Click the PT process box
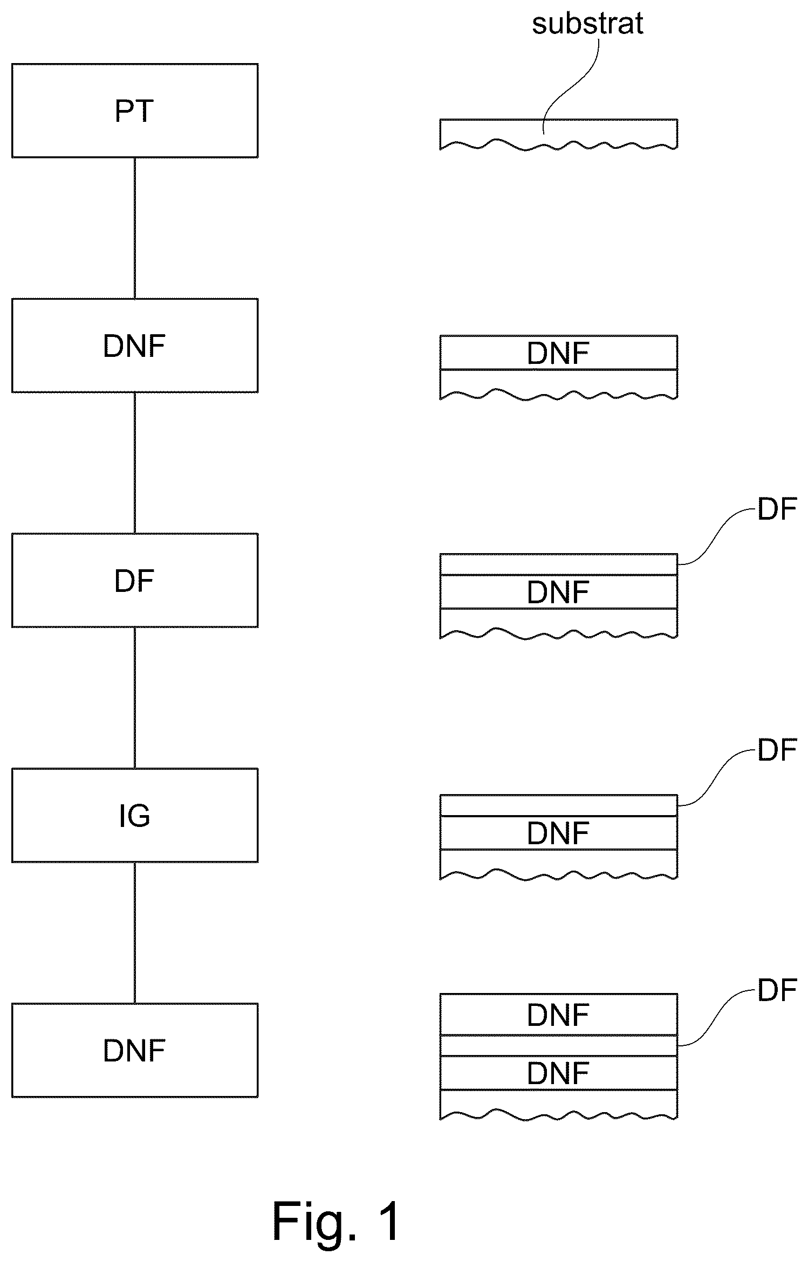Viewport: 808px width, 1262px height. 135,111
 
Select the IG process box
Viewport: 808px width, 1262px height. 135,815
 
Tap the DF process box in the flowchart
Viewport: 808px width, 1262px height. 135,580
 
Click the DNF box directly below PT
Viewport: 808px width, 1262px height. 135,346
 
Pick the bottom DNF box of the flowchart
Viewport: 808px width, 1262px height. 135,1050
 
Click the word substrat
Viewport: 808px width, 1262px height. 587,24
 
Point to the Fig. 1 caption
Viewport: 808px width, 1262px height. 337,1222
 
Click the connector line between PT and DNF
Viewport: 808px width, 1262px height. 135,228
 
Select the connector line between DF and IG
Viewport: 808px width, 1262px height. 135,698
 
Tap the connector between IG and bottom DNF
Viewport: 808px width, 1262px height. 135,933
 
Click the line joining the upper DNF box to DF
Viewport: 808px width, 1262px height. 135,463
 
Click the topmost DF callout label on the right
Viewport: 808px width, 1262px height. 777,509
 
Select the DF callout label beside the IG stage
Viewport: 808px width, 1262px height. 777,750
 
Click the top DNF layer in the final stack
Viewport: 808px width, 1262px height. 558,1015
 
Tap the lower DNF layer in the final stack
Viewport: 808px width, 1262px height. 558,1073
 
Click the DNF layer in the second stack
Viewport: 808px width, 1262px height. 558,353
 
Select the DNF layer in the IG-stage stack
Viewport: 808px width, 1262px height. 558,833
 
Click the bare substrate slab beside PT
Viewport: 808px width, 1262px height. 558,134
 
